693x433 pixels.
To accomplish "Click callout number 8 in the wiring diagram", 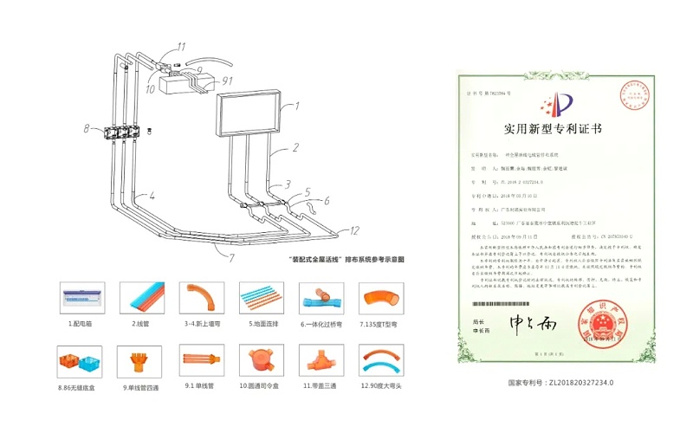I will click(x=87, y=128).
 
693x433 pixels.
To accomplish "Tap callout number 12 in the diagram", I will click(x=354, y=230).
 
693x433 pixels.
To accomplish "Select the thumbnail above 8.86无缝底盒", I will click(x=83, y=359).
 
